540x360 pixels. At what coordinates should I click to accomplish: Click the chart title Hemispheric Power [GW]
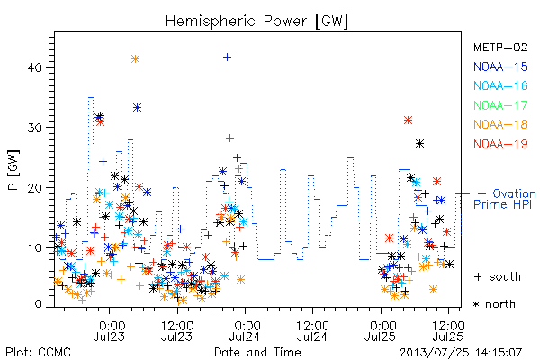[256, 22]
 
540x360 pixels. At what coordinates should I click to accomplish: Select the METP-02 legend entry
[500, 47]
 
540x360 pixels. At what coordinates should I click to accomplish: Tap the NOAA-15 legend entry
[500, 67]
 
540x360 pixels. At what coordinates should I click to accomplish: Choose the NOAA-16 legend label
[500, 85]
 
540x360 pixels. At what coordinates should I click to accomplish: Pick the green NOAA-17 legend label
[500, 105]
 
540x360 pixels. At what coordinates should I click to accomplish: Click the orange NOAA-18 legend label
[500, 124]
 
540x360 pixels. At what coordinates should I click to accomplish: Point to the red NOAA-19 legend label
[500, 144]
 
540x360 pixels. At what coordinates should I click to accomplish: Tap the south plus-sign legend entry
[498, 276]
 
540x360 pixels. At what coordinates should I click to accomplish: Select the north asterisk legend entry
[494, 304]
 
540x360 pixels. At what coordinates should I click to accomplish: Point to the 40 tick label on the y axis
[34, 67]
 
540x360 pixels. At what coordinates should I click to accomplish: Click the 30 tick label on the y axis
[34, 128]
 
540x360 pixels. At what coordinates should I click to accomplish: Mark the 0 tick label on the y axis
[38, 304]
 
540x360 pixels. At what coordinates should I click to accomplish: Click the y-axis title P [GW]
[14, 170]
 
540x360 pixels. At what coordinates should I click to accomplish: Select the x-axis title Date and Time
[257, 352]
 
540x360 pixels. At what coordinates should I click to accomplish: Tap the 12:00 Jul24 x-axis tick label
[312, 330]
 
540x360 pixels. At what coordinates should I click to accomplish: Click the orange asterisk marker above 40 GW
[135, 58]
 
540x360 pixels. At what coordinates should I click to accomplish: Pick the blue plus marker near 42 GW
[227, 58]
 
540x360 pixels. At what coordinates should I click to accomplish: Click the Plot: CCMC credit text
[38, 353]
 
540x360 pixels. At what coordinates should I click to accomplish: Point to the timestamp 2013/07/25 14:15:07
[461, 353]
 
